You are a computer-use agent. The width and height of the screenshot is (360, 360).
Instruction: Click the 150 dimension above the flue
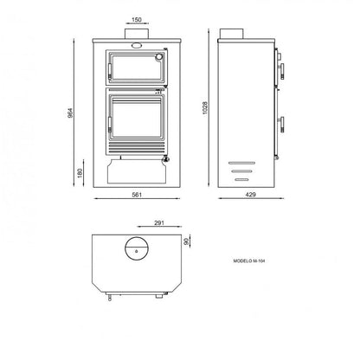(138, 18)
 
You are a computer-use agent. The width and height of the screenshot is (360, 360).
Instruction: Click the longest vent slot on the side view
(236, 162)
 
